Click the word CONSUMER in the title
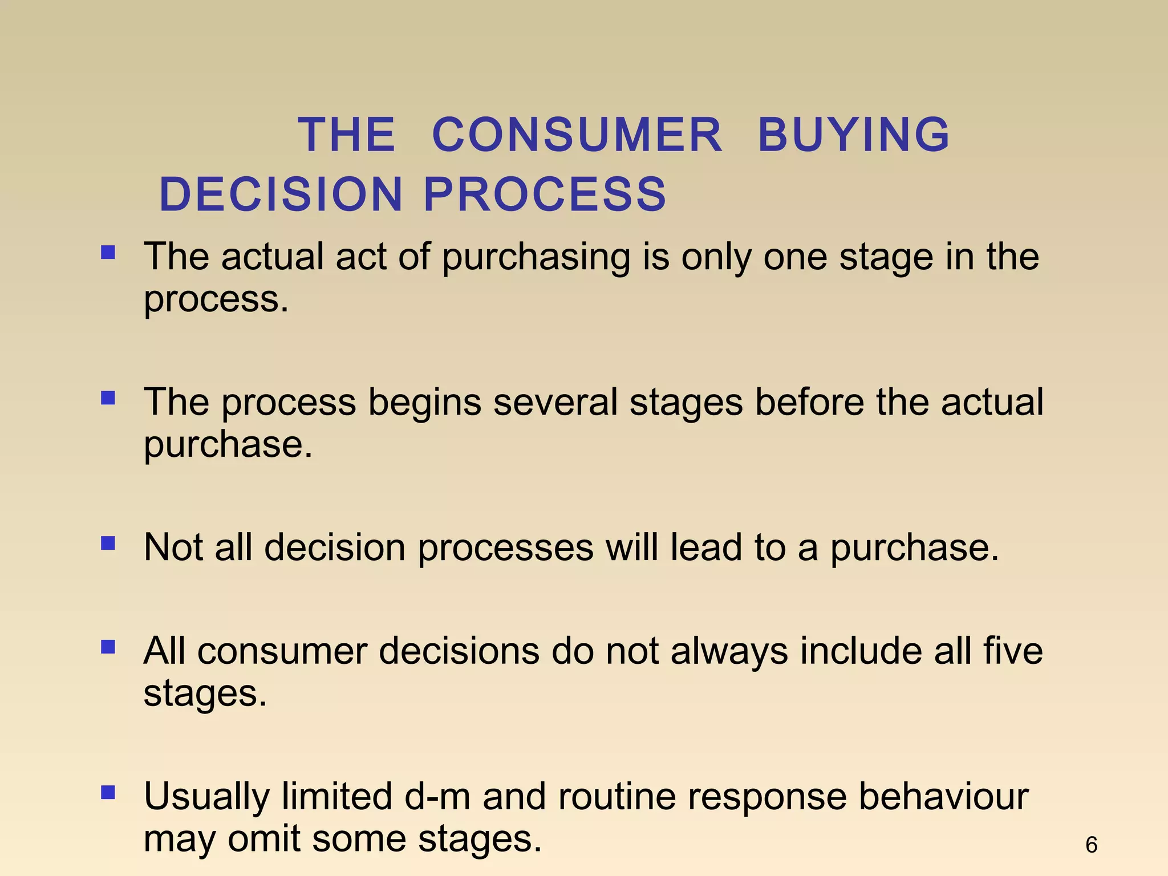(x=577, y=135)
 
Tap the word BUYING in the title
(x=854, y=135)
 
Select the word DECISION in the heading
(x=281, y=194)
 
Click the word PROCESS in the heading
(x=545, y=194)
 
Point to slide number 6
(x=1091, y=845)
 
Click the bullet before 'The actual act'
(x=108, y=252)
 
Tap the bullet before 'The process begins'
(x=108, y=398)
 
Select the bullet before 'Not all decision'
(x=108, y=543)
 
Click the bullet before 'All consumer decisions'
(x=108, y=647)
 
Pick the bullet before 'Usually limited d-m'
(x=108, y=792)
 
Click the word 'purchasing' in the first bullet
(x=536, y=258)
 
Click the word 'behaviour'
(x=944, y=797)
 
